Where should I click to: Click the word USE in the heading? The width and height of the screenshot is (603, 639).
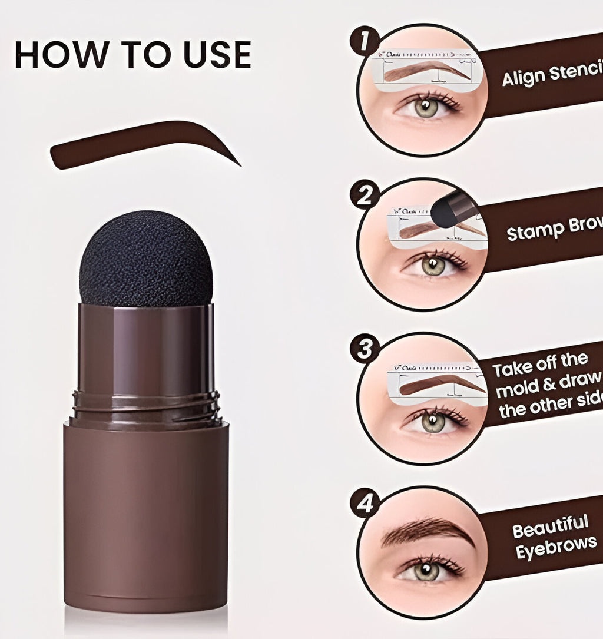tap(217, 54)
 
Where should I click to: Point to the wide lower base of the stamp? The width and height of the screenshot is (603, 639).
tap(145, 518)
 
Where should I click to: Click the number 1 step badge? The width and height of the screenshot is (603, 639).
tap(365, 42)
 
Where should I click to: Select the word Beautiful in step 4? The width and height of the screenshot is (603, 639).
tap(550, 526)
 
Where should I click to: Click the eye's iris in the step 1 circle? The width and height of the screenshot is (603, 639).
tap(425, 107)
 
